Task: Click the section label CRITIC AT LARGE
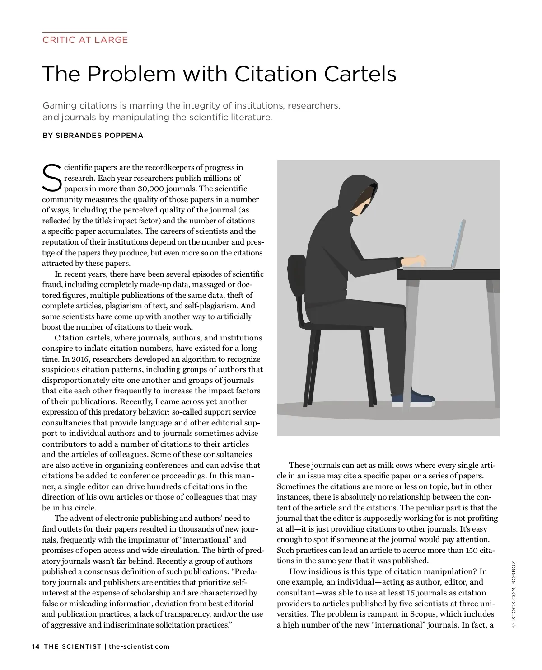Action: (x=85, y=40)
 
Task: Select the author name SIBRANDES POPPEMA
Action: (x=99, y=135)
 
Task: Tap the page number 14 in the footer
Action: (x=36, y=646)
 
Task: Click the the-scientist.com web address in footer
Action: (x=139, y=646)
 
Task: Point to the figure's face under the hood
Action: (x=360, y=203)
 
